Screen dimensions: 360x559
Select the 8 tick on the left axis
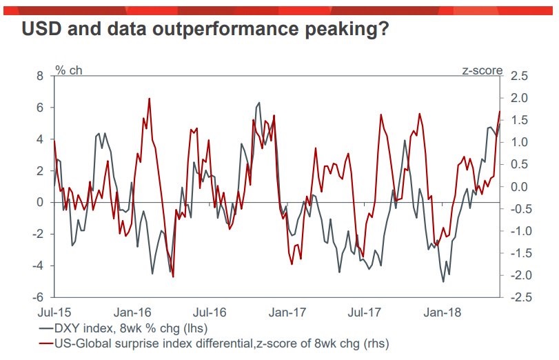tap(39, 76)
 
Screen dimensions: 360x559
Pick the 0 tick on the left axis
tap(39, 202)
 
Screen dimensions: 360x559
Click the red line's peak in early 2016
tap(150, 99)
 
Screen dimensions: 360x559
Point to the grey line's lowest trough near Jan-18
tap(443, 281)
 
